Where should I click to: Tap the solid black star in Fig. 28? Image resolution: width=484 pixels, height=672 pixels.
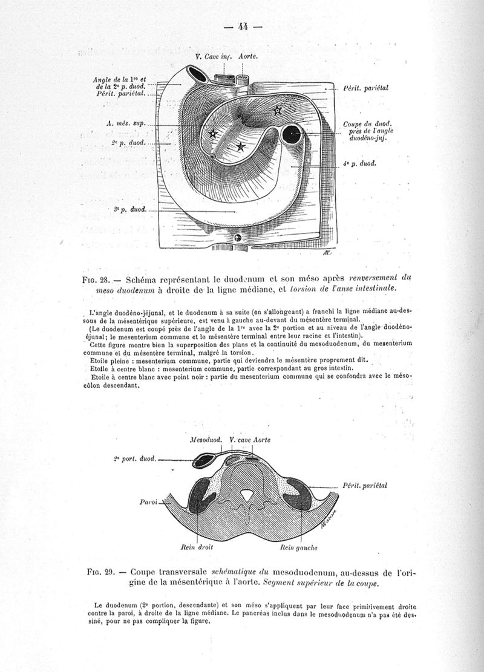click(240, 146)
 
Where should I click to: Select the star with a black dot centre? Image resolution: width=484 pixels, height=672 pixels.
click(277, 109)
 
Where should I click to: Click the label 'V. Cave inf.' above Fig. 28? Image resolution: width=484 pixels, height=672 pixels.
click(214, 56)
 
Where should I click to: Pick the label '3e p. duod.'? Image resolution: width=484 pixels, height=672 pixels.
click(130, 209)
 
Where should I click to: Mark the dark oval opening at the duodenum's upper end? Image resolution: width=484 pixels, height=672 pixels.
click(197, 73)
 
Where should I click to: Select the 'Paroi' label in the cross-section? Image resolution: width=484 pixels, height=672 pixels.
click(148, 501)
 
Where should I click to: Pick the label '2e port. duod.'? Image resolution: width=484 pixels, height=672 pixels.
click(134, 459)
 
